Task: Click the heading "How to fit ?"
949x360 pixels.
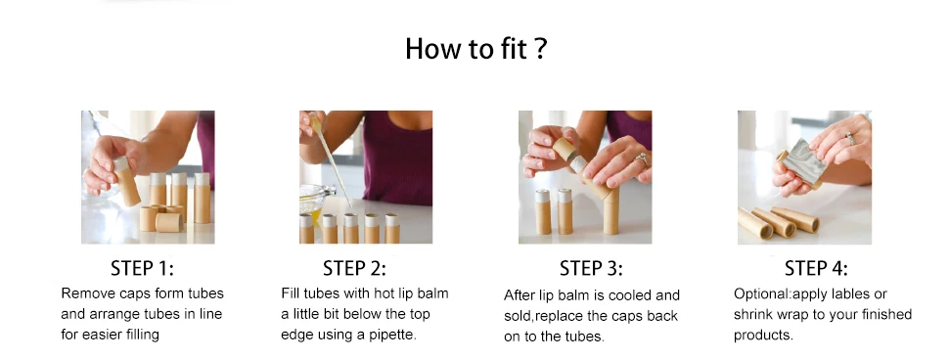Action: point(475,48)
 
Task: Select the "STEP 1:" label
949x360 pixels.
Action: point(142,268)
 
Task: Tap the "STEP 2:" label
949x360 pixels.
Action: point(354,268)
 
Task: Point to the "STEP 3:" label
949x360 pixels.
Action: point(591,268)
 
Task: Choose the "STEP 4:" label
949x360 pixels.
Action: point(816,268)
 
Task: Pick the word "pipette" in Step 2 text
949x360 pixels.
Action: point(392,335)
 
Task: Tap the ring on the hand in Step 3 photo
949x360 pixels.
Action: point(641,160)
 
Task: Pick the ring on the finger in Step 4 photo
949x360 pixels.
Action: point(850,139)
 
